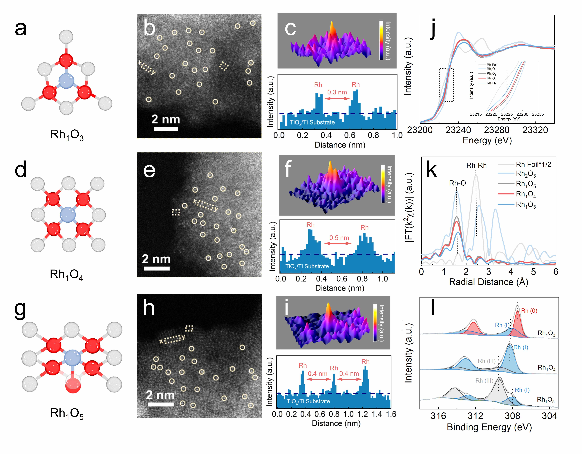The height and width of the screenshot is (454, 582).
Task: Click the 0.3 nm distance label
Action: (x=337, y=92)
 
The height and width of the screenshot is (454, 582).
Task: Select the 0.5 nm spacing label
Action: (x=339, y=238)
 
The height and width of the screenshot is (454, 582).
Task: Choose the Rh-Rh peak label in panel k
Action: (x=476, y=165)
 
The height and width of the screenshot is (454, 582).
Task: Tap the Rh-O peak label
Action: (x=457, y=183)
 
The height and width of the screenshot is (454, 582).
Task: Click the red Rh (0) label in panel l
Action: (x=529, y=311)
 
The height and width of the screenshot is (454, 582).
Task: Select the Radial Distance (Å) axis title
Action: (x=488, y=282)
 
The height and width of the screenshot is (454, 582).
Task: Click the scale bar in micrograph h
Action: (x=161, y=404)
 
